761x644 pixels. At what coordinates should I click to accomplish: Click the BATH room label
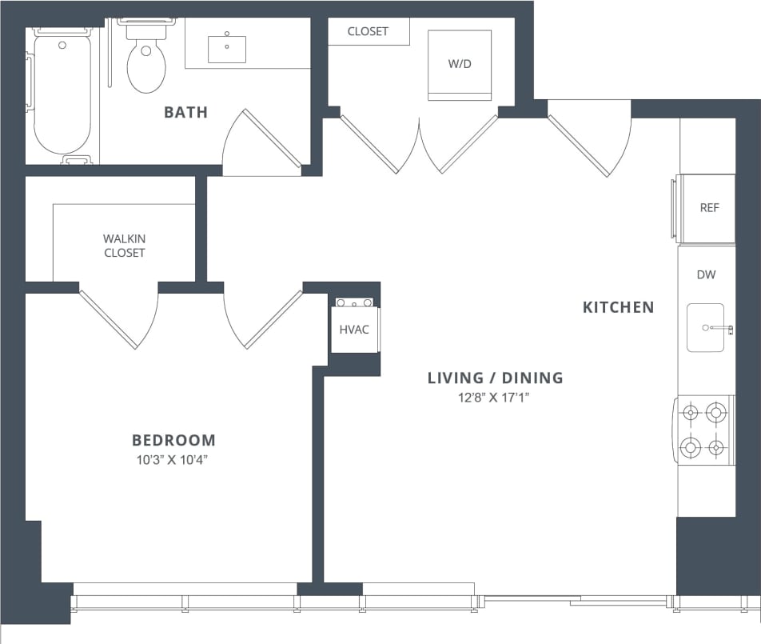(185, 112)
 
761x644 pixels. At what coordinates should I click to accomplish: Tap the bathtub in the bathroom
(62, 92)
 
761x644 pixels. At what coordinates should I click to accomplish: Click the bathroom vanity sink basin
(227, 49)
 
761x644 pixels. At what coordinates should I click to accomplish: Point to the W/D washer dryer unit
(460, 65)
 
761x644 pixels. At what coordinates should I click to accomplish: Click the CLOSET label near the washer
(368, 31)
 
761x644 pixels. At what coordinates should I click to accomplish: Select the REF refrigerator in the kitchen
(707, 208)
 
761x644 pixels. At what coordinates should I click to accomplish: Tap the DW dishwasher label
(706, 274)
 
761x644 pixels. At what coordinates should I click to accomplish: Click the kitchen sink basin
(705, 327)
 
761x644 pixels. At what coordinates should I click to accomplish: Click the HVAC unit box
(354, 329)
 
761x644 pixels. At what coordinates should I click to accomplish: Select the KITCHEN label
(618, 307)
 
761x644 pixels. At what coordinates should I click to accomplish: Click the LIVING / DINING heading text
(495, 378)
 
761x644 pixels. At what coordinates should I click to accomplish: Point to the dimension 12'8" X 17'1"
(495, 396)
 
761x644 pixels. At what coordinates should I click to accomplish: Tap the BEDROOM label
(173, 440)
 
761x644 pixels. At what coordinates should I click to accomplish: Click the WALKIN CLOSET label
(124, 246)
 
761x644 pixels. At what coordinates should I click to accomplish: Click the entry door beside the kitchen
(590, 138)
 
